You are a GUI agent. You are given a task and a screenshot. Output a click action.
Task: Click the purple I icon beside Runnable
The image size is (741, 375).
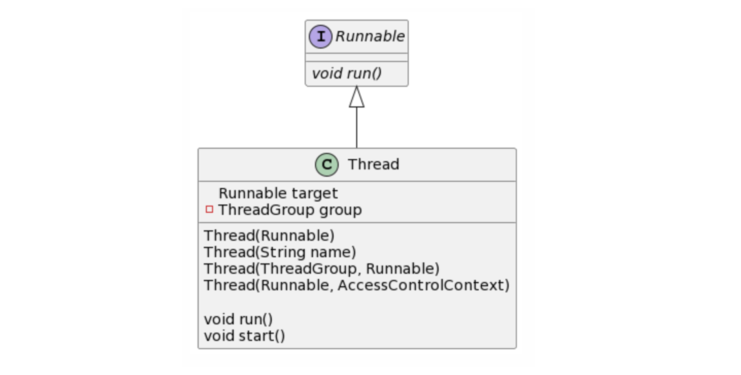[321, 37]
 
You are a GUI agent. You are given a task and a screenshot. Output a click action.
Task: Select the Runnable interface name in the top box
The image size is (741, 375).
[370, 37]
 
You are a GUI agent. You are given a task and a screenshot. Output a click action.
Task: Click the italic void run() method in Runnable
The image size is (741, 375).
[347, 73]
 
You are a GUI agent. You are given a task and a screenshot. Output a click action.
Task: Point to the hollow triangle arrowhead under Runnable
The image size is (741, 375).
[356, 97]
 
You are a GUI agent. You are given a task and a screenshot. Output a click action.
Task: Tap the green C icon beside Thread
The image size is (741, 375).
[326, 165]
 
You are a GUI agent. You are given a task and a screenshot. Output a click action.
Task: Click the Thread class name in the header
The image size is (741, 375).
[373, 165]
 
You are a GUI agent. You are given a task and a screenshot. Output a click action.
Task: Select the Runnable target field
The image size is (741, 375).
[278, 193]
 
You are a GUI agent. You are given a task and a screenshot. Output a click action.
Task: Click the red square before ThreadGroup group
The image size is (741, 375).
[209, 210]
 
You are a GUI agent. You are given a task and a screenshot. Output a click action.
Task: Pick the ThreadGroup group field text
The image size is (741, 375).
[289, 210]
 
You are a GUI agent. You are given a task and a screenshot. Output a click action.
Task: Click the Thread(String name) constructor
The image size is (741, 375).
[280, 252]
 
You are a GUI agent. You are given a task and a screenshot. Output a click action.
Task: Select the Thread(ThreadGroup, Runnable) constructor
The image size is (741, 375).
[322, 268]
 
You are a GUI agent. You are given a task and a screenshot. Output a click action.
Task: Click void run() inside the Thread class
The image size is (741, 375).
[239, 319]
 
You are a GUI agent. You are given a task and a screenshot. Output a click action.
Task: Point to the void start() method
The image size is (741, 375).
[244, 336]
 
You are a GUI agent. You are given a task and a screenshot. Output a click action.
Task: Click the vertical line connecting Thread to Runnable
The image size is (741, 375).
[356, 128]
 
